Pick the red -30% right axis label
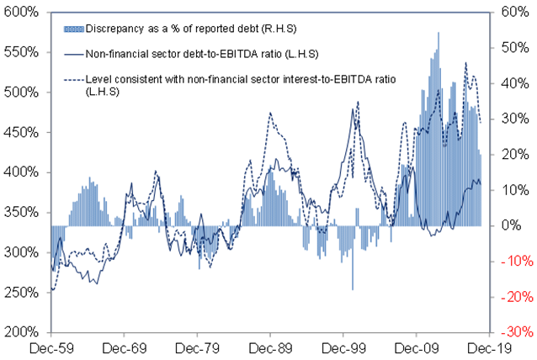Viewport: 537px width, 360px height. pyautogui.click(x=513, y=332)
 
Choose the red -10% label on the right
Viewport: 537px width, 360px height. pyautogui.click(x=513, y=262)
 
